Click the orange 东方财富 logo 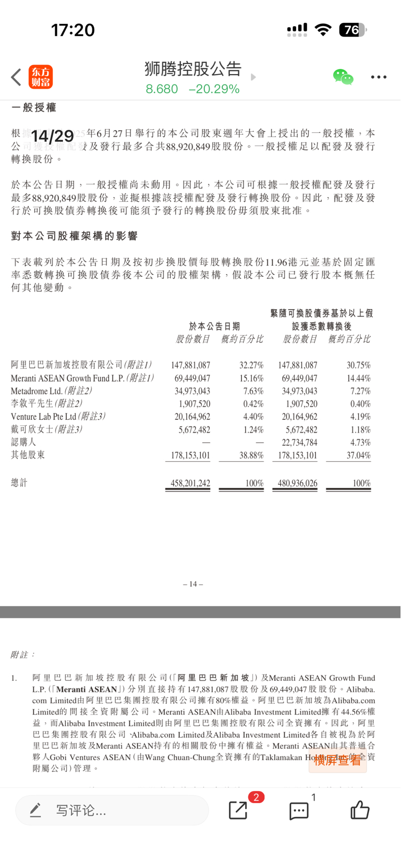[41, 77]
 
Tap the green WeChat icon [343, 77]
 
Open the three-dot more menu [379, 77]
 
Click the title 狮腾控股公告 [193, 69]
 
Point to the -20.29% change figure [214, 89]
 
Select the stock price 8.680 [162, 89]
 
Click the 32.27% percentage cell [251, 365]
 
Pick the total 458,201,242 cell [190, 483]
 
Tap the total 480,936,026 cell [297, 483]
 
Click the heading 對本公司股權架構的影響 [74, 236]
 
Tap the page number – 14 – [193, 584]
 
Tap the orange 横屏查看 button [337, 760]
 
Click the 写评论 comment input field [112, 810]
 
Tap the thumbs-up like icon [360, 810]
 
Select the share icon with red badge [238, 810]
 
